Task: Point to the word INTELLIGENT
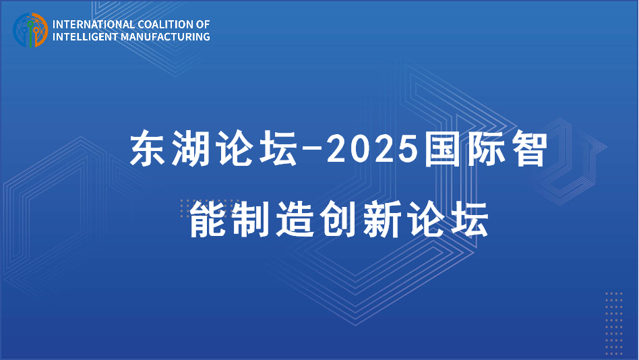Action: point(84,36)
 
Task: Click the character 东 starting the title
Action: point(148,150)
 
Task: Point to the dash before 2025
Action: point(311,150)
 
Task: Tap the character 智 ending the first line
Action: point(526,150)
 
